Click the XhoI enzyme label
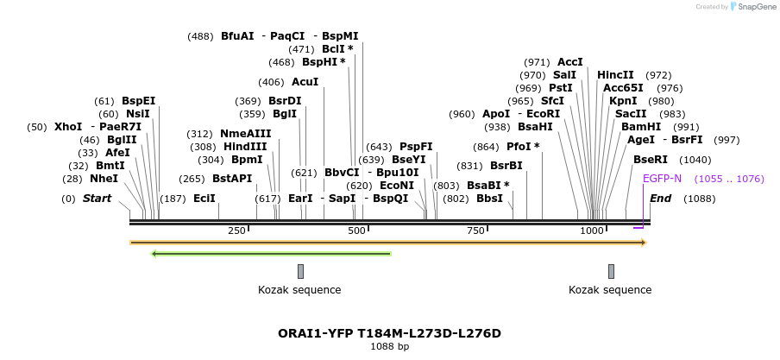(68, 127)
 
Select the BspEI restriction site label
(138, 101)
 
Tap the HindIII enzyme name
(245, 147)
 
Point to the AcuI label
(305, 82)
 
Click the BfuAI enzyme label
(237, 36)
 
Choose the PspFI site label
(416, 147)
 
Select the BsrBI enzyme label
(506, 166)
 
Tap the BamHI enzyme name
(641, 127)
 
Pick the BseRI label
(651, 160)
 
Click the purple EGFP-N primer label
(662, 179)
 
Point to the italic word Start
(97, 199)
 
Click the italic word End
(660, 199)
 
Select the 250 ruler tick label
(236, 231)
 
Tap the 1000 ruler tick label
(592, 231)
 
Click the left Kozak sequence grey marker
(300, 271)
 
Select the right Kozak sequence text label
(610, 290)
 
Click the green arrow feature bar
(271, 254)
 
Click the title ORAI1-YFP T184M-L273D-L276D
(389, 333)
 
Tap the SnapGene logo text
(757, 7)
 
